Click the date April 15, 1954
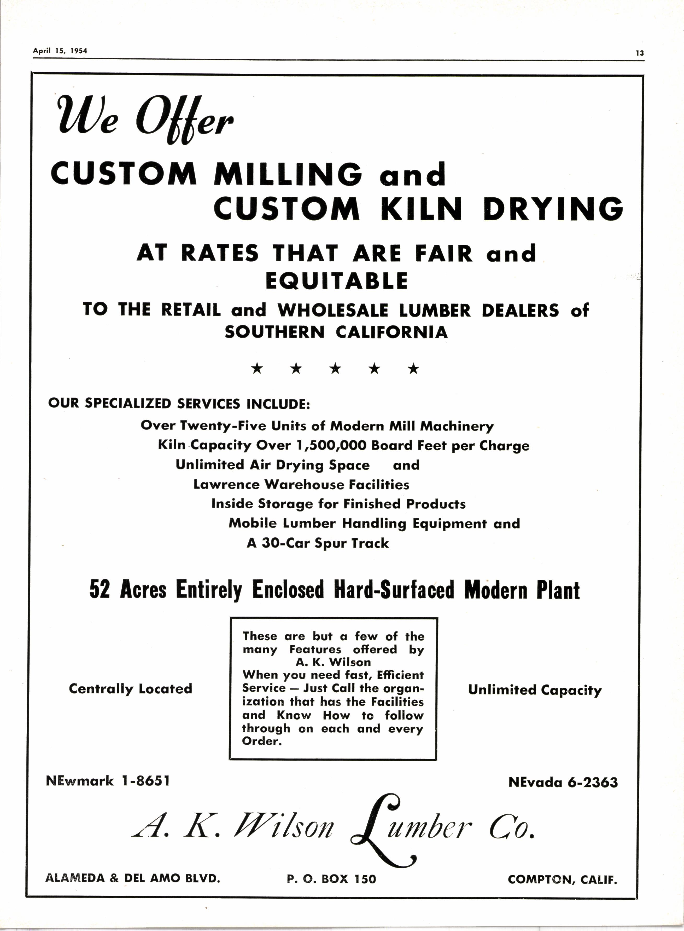(x=60, y=51)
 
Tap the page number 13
(x=640, y=53)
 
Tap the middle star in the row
(x=335, y=368)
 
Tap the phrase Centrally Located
(x=130, y=689)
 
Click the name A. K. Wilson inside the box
(x=333, y=662)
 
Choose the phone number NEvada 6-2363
(x=563, y=782)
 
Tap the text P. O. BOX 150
(x=331, y=879)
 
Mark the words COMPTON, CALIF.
(x=562, y=879)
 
